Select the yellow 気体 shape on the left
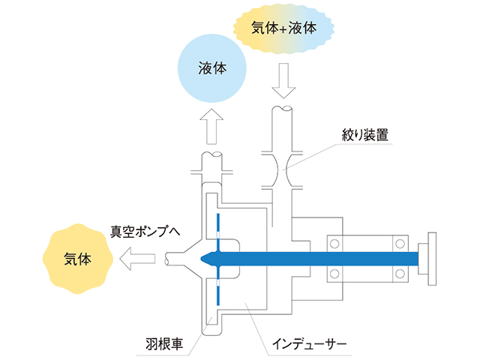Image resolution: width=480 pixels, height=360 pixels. [x=78, y=259]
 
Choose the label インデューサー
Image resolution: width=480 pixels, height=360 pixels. [x=315, y=345]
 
